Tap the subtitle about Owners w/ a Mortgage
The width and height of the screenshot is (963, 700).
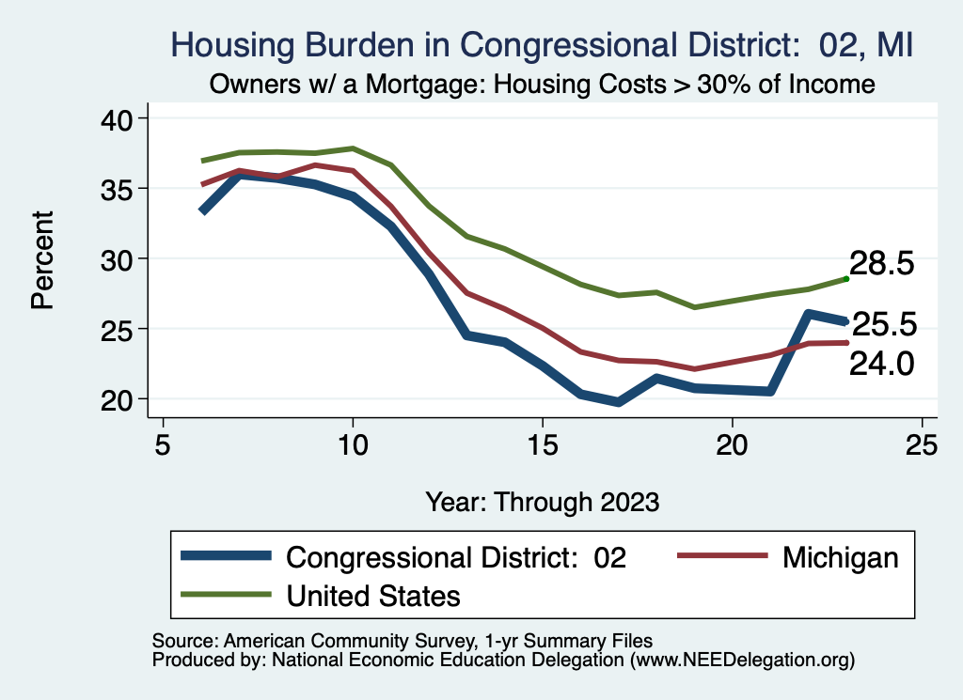pyautogui.click(x=543, y=85)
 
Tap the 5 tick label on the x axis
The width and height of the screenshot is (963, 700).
pyautogui.click(x=164, y=443)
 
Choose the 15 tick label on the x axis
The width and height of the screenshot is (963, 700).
pyautogui.click(x=542, y=443)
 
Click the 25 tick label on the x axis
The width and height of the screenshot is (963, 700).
pyautogui.click(x=922, y=443)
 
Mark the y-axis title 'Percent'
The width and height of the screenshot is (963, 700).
pyautogui.click(x=42, y=259)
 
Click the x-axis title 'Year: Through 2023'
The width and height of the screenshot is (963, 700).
pyautogui.click(x=542, y=501)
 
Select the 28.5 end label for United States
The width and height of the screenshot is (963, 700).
pyautogui.click(x=882, y=264)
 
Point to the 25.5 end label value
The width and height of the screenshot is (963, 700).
pyautogui.click(x=884, y=325)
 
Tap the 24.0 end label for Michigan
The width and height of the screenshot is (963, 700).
pyautogui.click(x=882, y=364)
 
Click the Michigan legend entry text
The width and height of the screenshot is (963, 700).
pyautogui.click(x=840, y=557)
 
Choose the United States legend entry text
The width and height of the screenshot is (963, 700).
pyautogui.click(x=373, y=595)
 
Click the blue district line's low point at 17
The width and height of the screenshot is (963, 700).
pyautogui.click(x=618, y=401)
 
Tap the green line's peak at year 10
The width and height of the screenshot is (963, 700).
pyautogui.click(x=353, y=148)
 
